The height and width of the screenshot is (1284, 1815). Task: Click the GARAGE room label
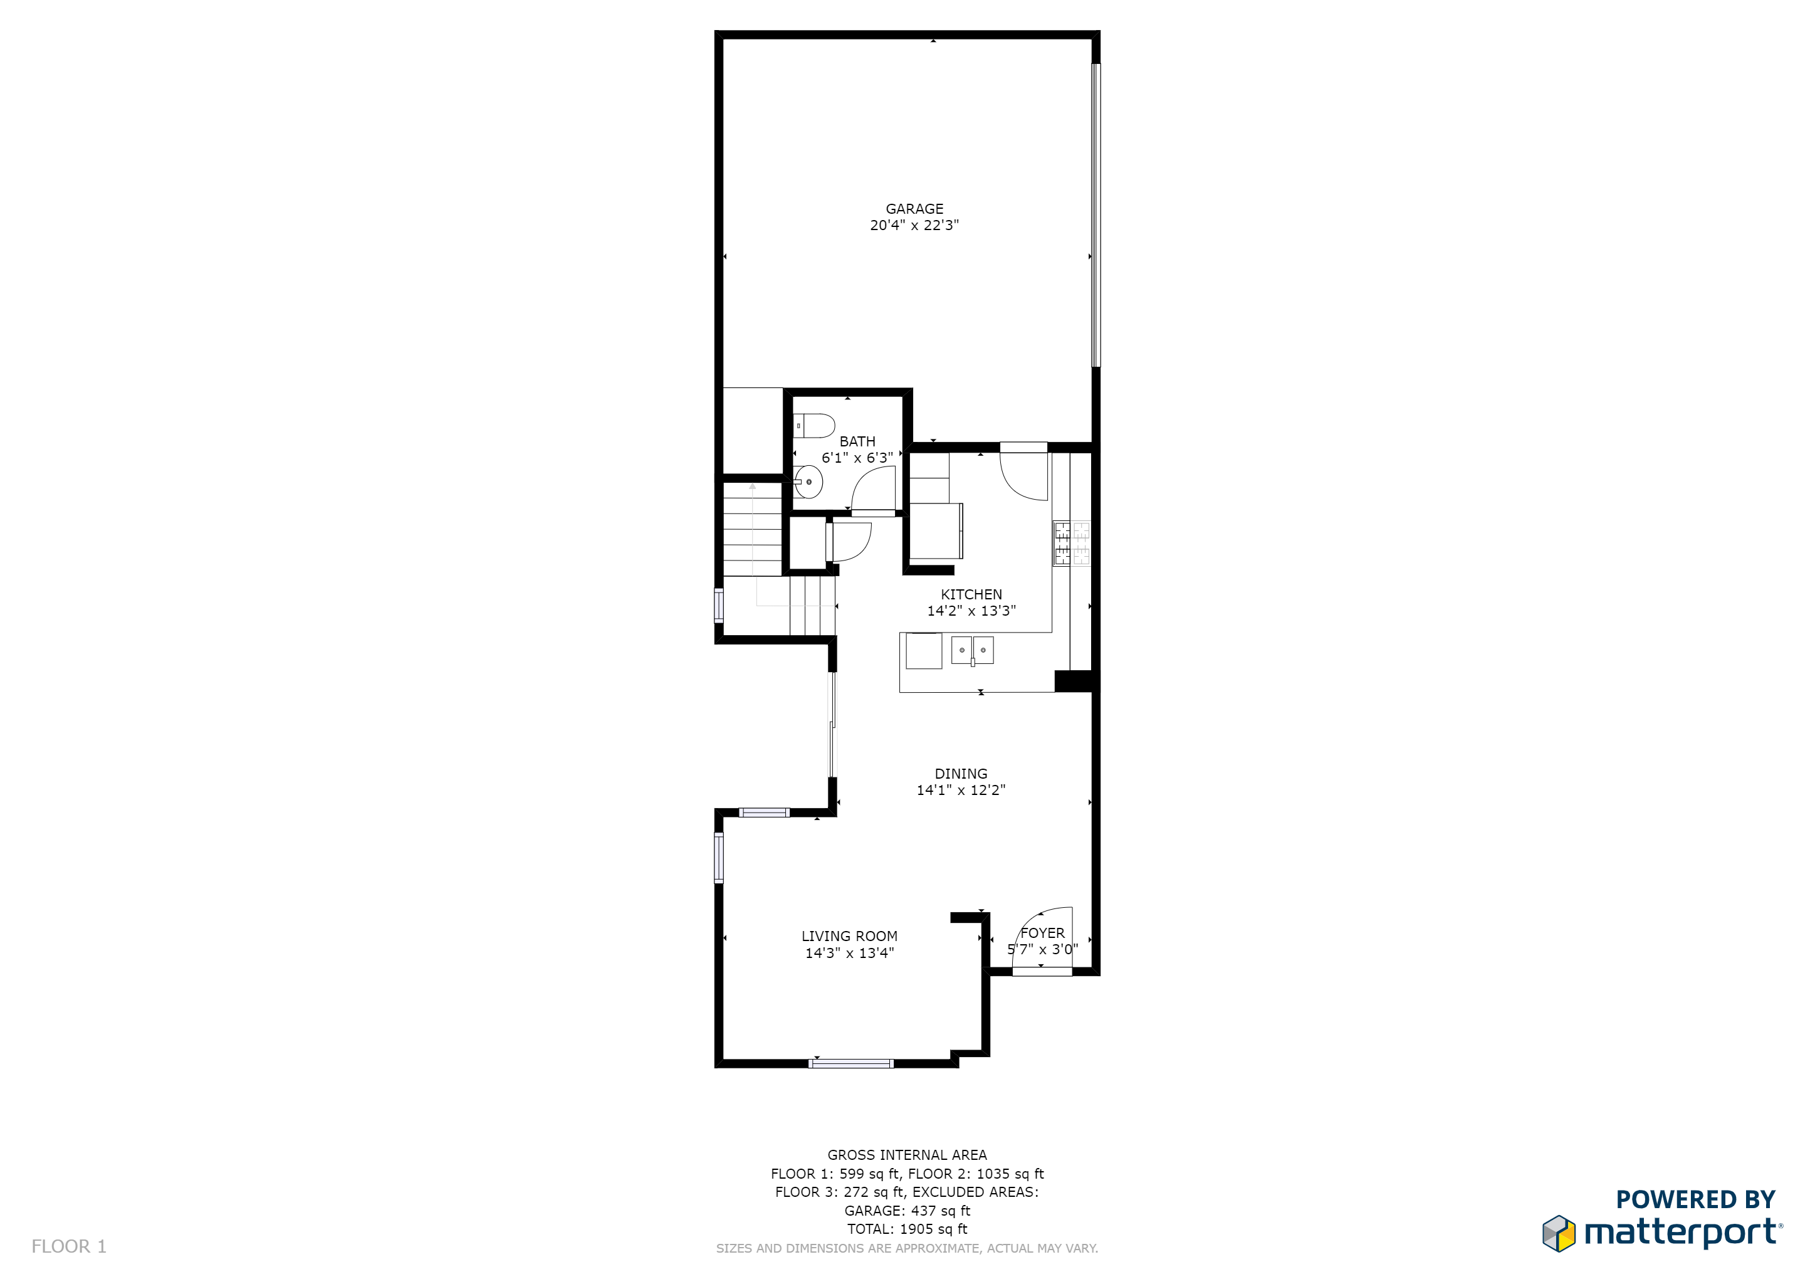coord(914,209)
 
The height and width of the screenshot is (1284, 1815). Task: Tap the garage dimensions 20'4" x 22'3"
coord(914,225)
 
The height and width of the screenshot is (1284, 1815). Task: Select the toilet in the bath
coord(813,425)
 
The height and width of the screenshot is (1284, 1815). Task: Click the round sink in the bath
coord(808,481)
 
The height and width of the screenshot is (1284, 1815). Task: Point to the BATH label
coord(857,441)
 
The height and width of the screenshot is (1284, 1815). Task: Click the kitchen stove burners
coord(1071,543)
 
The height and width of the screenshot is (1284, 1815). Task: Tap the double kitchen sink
coord(972,650)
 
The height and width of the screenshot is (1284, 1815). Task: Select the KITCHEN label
coord(971,594)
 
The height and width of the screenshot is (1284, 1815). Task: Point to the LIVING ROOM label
coord(849,936)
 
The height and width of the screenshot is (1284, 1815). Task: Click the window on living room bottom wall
coord(851,1063)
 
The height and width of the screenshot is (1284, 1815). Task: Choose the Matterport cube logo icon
coord(1558,1233)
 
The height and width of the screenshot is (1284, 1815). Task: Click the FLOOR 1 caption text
coord(69,1246)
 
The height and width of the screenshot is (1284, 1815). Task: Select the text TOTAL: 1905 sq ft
coord(907,1229)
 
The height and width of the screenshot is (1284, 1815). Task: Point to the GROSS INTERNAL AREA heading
coord(907,1155)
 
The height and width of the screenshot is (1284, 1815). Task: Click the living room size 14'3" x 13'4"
coord(849,953)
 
